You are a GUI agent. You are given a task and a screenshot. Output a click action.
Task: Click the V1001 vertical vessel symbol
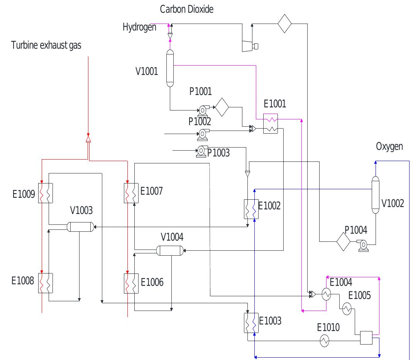[170, 68]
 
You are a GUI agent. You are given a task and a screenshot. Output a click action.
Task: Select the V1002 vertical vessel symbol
[375, 195]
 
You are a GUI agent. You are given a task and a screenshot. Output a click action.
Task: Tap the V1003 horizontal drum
[80, 227]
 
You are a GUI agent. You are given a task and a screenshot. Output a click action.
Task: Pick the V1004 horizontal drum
[171, 251]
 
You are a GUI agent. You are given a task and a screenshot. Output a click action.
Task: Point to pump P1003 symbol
[201, 151]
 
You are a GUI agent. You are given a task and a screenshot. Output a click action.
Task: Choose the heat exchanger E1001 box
[270, 124]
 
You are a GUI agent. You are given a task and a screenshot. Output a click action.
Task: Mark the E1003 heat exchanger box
[251, 322]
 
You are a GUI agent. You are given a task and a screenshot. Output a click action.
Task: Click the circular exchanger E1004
[327, 294]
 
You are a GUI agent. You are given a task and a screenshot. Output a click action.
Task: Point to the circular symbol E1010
[325, 340]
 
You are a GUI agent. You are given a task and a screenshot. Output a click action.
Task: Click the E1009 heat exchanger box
[45, 192]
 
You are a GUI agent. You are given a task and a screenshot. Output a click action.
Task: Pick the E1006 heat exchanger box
[131, 283]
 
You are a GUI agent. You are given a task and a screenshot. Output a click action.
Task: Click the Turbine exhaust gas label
[46, 46]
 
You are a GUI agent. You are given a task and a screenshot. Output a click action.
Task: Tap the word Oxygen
[389, 146]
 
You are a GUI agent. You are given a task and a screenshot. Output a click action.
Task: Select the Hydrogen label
[139, 27]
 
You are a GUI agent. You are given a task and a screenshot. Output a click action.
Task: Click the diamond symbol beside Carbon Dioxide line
[284, 24]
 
